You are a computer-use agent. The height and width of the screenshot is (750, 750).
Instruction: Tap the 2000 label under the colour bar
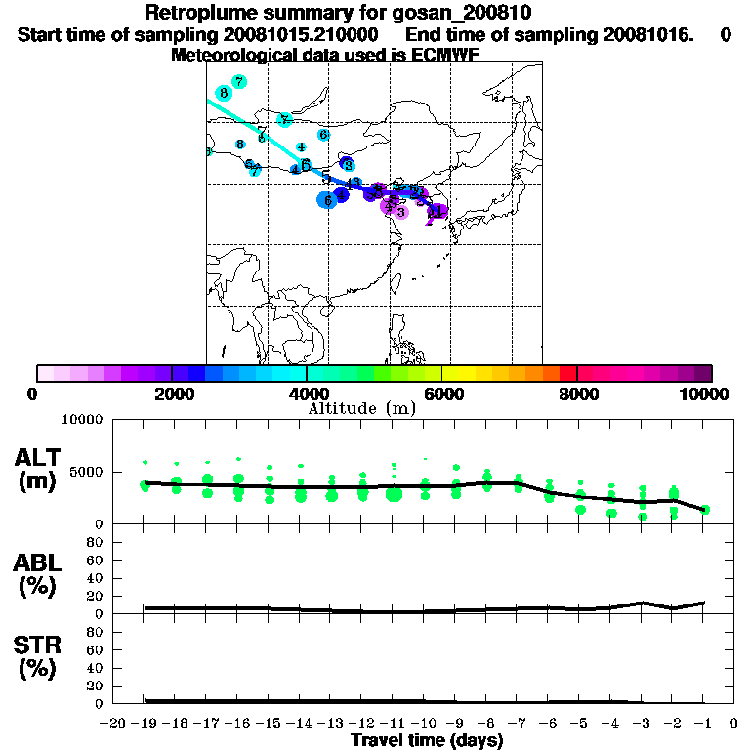[x=171, y=394]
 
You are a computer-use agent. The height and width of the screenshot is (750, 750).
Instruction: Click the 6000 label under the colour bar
[x=442, y=394]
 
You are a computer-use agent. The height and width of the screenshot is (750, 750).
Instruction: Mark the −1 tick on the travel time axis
[x=703, y=724]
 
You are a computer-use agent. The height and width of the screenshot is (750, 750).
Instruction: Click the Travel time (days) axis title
[x=427, y=740]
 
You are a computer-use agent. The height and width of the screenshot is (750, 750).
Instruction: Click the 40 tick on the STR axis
[x=96, y=668]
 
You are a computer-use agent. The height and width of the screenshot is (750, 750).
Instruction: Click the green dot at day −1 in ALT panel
[x=705, y=509]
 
